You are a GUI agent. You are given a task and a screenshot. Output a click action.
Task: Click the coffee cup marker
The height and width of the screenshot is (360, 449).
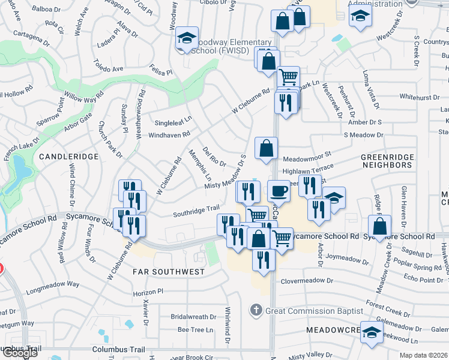(278, 191)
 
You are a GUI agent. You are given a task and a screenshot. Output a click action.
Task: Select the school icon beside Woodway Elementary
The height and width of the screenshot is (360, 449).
(187, 40)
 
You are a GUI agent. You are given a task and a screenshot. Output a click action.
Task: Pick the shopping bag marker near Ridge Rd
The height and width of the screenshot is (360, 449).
(380, 227)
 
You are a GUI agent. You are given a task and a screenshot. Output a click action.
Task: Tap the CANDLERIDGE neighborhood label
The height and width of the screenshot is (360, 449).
(68, 156)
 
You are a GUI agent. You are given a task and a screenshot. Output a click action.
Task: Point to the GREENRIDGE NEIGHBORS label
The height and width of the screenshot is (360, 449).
(388, 161)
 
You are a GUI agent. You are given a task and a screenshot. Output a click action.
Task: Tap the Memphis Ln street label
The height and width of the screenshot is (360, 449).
(200, 165)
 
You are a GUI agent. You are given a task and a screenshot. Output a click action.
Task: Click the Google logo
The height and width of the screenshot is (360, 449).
(20, 353)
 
